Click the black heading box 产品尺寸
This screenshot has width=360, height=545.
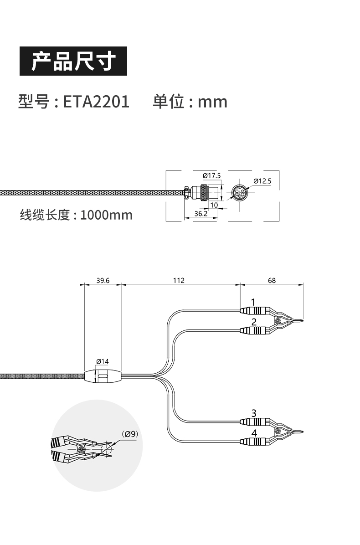(x=73, y=61)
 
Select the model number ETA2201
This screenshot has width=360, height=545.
(x=96, y=101)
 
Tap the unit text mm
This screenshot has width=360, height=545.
(x=212, y=101)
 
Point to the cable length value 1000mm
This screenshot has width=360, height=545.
(x=106, y=214)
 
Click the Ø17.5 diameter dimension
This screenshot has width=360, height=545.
(x=211, y=175)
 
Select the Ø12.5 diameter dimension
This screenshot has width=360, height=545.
(x=262, y=181)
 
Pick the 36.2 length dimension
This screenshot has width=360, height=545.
(x=201, y=213)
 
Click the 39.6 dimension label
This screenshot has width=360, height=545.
(x=103, y=280)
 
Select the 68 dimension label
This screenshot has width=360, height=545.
(x=272, y=280)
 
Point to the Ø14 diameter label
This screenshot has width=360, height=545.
(x=103, y=361)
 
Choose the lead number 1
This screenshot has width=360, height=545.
(x=254, y=302)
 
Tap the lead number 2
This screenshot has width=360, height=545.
(x=254, y=322)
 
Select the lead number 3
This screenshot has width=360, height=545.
(x=254, y=413)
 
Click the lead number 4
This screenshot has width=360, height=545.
(x=254, y=433)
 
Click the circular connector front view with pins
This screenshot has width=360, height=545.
(x=238, y=192)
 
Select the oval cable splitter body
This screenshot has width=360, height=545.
(x=103, y=376)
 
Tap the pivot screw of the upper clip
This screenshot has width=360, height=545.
(x=277, y=322)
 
